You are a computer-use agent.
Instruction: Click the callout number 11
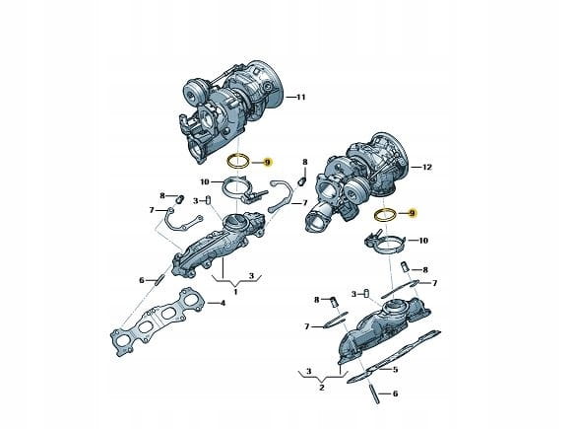[300, 98]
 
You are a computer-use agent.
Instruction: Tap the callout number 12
[427, 167]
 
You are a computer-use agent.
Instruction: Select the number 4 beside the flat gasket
[223, 304]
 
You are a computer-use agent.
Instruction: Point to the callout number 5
[395, 370]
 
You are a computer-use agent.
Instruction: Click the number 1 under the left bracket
[235, 292]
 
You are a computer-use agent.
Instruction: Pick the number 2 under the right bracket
[322, 388]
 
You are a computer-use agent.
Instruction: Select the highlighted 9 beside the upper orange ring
[268, 162]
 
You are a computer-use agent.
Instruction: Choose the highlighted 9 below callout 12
[412, 213]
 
